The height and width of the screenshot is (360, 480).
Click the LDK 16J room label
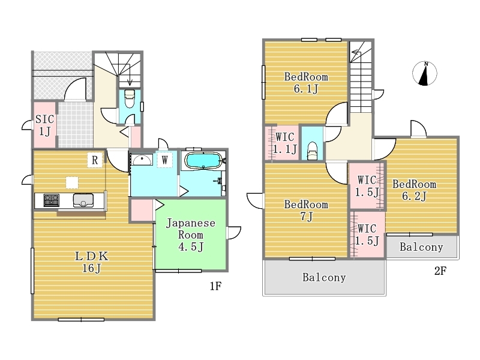tap(92, 262)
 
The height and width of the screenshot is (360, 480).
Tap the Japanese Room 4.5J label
tap(190, 235)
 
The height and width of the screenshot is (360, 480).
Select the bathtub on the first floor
tap(203, 161)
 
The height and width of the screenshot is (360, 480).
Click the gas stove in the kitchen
tap(52, 200)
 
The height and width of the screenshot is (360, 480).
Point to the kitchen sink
tap(83, 200)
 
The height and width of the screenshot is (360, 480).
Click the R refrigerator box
tap(95, 160)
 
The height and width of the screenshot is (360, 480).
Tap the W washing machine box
tap(164, 160)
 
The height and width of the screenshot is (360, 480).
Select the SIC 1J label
tap(44, 125)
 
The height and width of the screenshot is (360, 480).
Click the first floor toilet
tap(130, 98)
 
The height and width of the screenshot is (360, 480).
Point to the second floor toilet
tap(312, 151)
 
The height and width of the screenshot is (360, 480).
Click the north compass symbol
tap(425, 73)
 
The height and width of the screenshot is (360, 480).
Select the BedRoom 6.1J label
tap(306, 83)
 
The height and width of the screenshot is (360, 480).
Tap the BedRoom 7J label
tap(306, 211)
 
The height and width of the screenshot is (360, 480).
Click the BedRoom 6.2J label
tap(414, 190)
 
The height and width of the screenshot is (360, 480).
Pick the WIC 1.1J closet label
tap(285, 143)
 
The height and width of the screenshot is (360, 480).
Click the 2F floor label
tap(440, 271)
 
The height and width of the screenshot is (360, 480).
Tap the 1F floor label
tap(215, 286)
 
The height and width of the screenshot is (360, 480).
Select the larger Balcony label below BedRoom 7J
tap(324, 277)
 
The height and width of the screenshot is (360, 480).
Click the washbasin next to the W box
tap(142, 160)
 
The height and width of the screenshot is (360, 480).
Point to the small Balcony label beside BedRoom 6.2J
tap(421, 247)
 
